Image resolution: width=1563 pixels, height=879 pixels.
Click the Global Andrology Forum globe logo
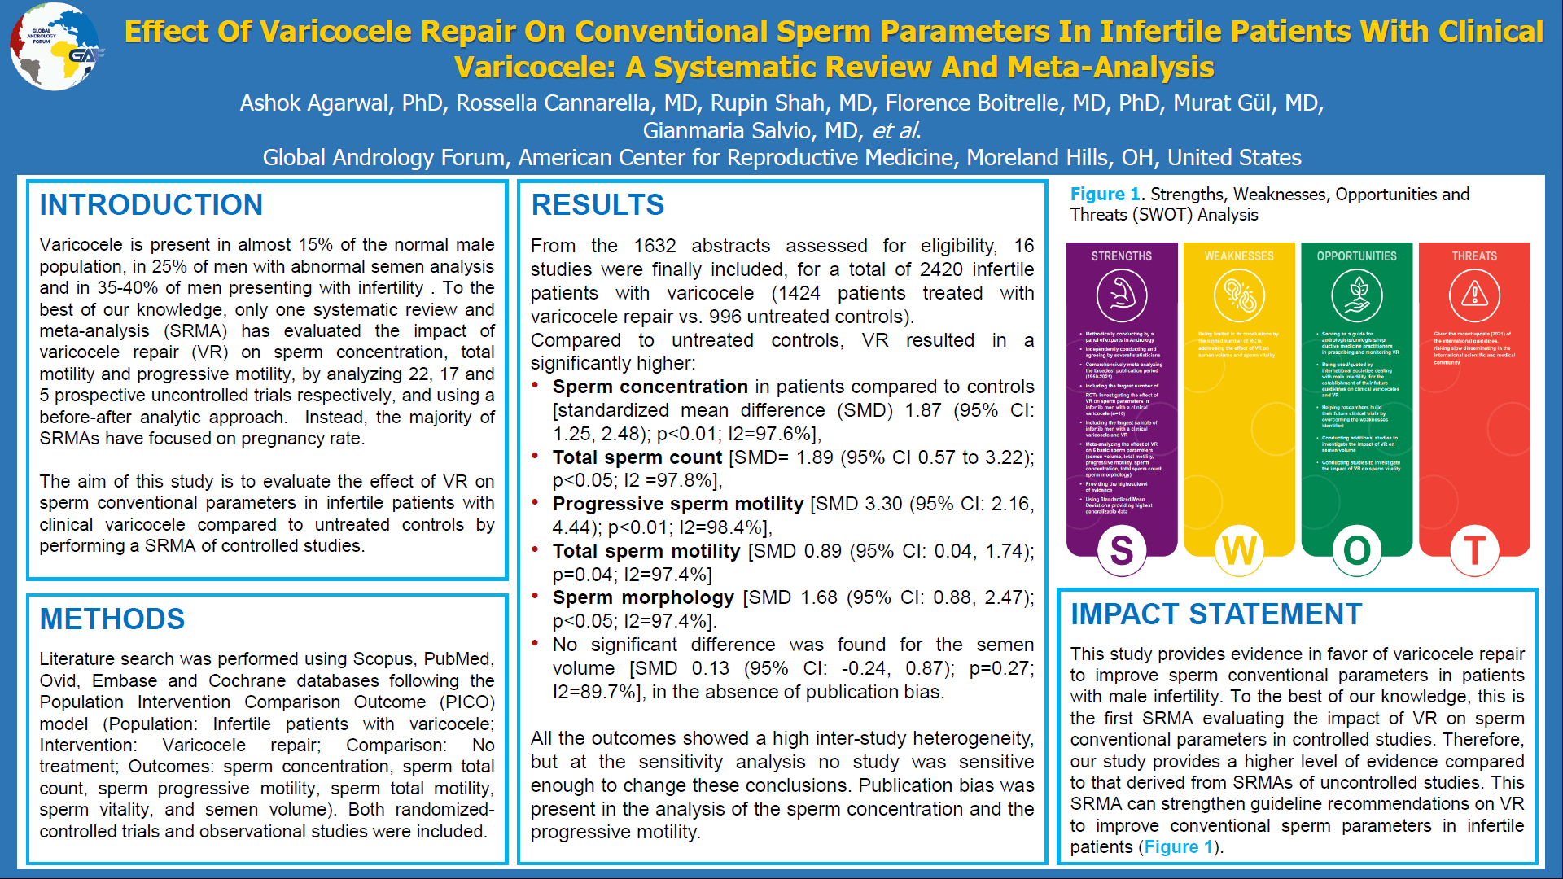tap(55, 47)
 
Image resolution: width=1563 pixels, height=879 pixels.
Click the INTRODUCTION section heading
tap(151, 204)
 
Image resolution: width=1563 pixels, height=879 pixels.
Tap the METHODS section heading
tap(112, 619)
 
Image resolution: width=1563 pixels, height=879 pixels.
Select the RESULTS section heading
tap(598, 204)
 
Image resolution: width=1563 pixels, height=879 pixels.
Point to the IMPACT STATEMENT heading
tap(1216, 614)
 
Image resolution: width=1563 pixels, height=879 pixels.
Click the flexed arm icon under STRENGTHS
tap(1122, 295)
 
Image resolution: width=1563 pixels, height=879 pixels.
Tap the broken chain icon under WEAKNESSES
tap(1239, 295)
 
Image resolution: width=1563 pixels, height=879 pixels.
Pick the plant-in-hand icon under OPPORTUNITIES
tap(1357, 295)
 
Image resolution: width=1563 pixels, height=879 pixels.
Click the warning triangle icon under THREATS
tap(1474, 295)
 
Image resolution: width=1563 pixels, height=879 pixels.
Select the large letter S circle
tap(1122, 551)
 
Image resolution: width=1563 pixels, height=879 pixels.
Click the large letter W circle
tap(1239, 551)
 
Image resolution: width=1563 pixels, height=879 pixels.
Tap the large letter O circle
tap(1357, 551)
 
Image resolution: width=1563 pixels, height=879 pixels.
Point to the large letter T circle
tap(1474, 551)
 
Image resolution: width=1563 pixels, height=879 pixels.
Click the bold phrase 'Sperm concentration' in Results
tap(650, 387)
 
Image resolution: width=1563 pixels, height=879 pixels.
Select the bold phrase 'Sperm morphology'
tap(643, 597)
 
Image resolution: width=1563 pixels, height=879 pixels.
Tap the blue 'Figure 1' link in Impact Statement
tap(1178, 846)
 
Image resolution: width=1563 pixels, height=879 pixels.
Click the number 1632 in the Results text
tap(655, 246)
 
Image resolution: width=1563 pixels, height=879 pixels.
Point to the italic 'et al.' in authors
tap(896, 130)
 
